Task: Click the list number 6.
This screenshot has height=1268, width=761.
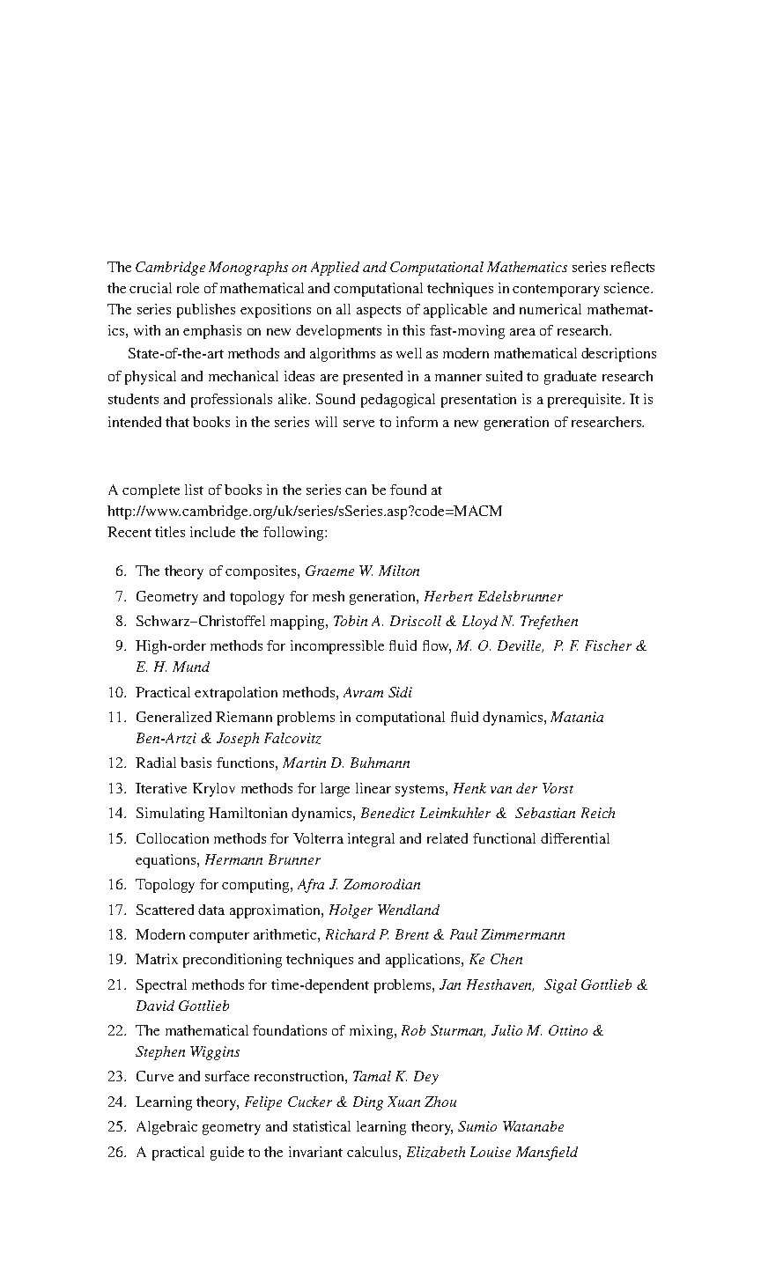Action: [x=121, y=571]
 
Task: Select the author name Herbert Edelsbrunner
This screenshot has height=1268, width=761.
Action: [x=493, y=596]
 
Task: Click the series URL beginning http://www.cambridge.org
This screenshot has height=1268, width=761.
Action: [x=305, y=511]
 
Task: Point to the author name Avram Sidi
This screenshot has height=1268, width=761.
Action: [x=378, y=692]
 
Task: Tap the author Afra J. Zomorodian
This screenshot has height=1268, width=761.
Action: [x=359, y=884]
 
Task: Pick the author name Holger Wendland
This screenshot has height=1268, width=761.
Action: [x=384, y=910]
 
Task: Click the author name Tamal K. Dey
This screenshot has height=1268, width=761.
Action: [x=395, y=1076]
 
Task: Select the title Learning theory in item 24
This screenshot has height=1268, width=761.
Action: [x=188, y=1102]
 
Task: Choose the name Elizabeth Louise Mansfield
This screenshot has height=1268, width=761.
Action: [x=491, y=1152]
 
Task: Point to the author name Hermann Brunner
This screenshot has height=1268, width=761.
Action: [x=262, y=859]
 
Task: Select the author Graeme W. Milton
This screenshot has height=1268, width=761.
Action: [x=362, y=571]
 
